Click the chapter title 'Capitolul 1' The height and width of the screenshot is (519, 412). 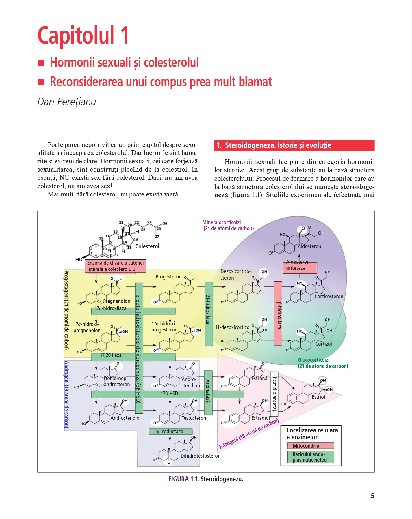coord(83,35)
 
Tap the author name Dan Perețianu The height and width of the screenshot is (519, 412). coord(67,102)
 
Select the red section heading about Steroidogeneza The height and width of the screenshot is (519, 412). coord(294,145)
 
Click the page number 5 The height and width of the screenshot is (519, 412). coord(372,496)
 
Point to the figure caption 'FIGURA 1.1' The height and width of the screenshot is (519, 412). coord(184,479)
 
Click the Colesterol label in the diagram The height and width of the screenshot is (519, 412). coord(147,246)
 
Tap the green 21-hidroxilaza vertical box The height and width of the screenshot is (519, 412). coord(209,314)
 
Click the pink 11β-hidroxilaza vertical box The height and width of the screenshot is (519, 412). coord(278,313)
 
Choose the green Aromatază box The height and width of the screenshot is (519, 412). coord(208,392)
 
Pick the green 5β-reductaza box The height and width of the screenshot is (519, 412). coord(170,432)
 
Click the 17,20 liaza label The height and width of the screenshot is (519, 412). coord(111,355)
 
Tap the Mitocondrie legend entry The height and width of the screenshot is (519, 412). coord(310,446)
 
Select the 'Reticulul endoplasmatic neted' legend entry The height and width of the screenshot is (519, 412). coord(310,457)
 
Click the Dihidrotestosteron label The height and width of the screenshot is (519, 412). coord(201,456)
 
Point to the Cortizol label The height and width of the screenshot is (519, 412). coord(323,344)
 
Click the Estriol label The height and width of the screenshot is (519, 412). coord(318,397)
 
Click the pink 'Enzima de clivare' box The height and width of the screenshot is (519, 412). coord(115,266)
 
